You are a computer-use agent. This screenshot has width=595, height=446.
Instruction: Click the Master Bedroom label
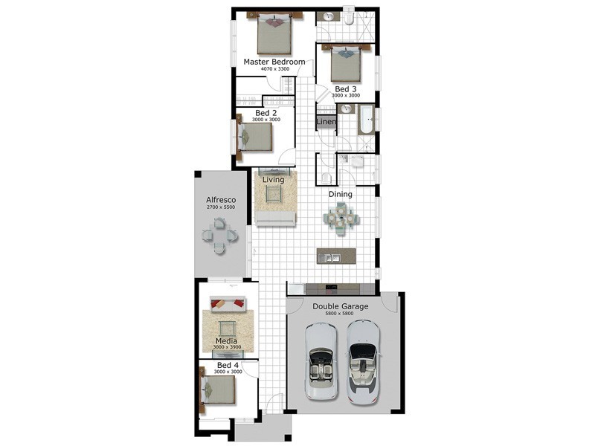[274, 62]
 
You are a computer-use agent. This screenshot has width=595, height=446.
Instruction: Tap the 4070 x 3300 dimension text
[275, 69]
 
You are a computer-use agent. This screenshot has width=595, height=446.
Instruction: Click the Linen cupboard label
[326, 122]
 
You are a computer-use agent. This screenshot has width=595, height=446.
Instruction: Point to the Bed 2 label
[266, 113]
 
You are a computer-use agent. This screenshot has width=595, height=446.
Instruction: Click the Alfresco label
[221, 200]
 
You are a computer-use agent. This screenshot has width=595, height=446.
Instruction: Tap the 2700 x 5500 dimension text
[221, 207]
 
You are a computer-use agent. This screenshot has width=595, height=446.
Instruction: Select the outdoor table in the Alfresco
[219, 236]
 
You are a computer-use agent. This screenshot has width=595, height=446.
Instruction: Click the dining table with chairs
[341, 219]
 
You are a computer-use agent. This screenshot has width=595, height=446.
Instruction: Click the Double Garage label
[341, 306]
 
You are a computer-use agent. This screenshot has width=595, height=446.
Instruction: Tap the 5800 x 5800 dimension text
[340, 314]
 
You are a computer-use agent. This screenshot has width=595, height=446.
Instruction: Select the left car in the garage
[321, 361]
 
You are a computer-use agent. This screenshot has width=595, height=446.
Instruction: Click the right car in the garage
[364, 363]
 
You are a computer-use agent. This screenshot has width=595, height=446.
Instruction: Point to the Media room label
[227, 341]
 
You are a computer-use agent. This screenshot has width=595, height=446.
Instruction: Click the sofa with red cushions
[228, 305]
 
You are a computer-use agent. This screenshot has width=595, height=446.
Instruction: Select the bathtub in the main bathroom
[366, 120]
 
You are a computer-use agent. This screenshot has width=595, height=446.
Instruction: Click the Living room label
[273, 180]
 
